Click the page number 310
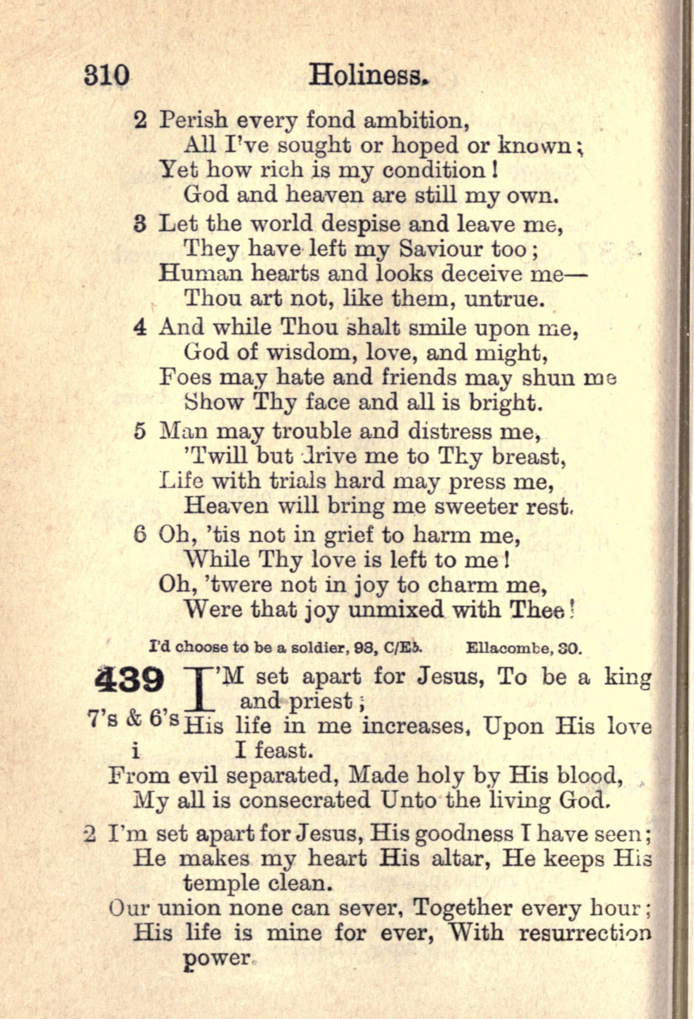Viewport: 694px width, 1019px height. pyautogui.click(x=107, y=76)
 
